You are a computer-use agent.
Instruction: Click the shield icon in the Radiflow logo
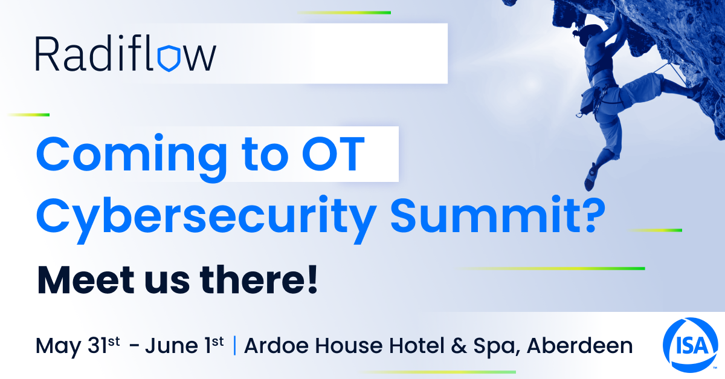(x=169, y=58)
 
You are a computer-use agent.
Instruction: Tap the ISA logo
(x=691, y=345)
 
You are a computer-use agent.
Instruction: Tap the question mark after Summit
(x=593, y=215)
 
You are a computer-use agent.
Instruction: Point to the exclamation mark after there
(x=313, y=279)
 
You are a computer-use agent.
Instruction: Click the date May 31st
(x=78, y=346)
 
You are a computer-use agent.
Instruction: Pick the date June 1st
(x=184, y=345)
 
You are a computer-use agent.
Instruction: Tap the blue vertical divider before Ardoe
(x=234, y=346)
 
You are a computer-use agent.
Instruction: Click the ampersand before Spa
(x=460, y=346)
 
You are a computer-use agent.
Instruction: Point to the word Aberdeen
(x=579, y=346)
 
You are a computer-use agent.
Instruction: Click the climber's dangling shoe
(x=590, y=177)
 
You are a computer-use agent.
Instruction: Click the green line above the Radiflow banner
(x=344, y=13)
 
